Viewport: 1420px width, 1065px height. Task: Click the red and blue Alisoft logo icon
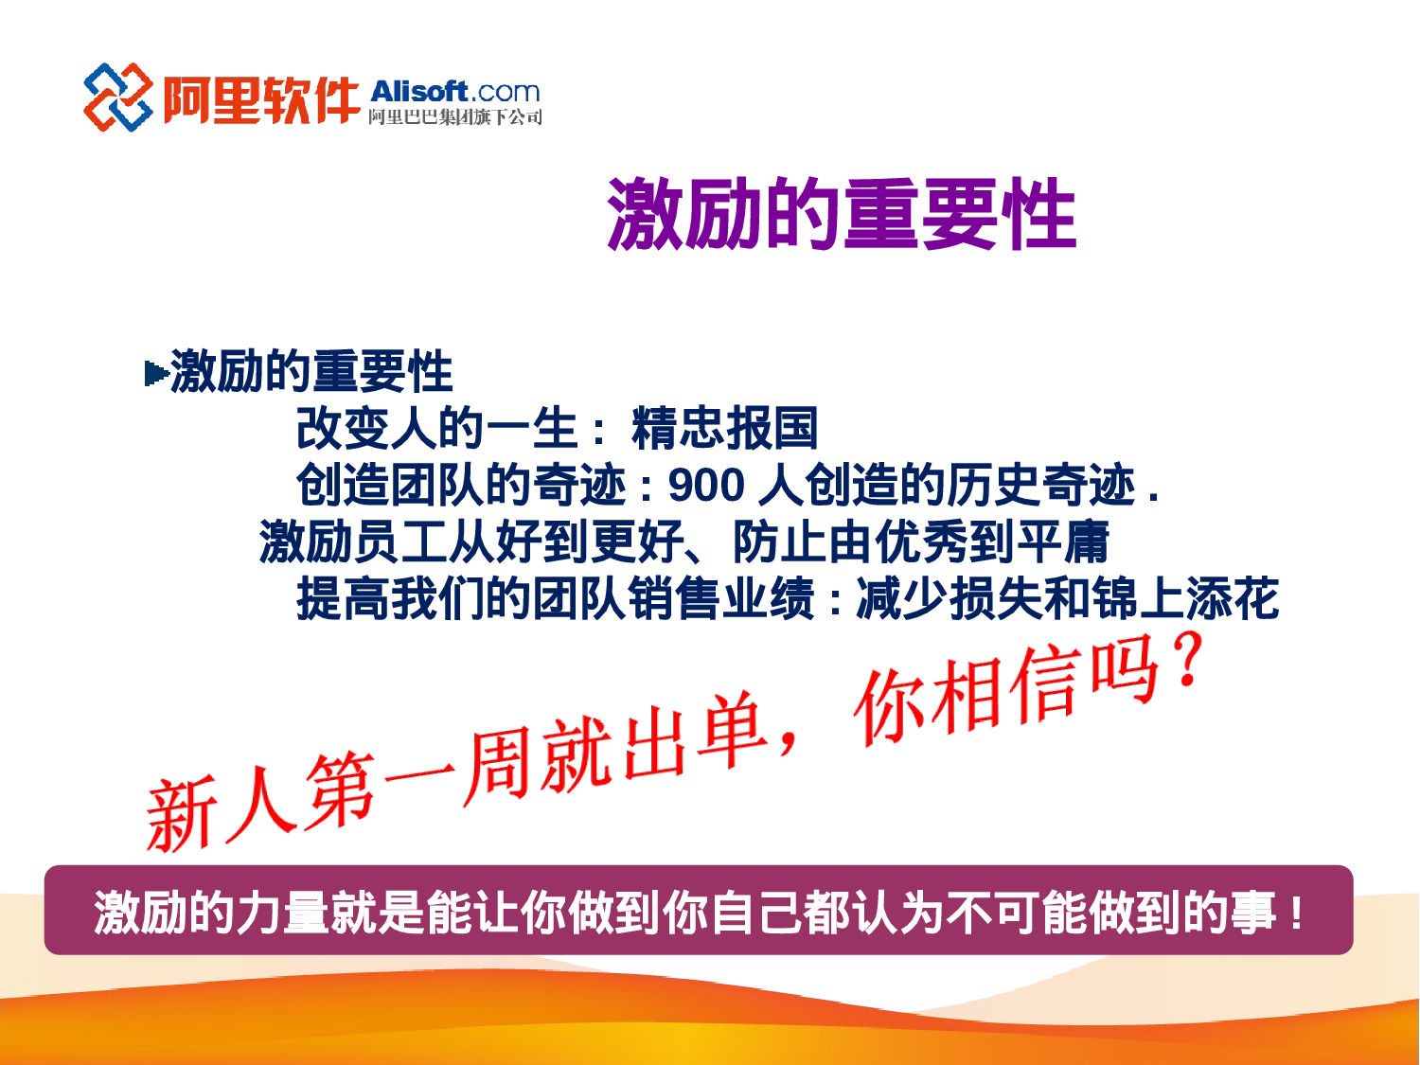click(117, 97)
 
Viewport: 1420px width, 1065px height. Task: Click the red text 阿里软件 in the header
click(261, 98)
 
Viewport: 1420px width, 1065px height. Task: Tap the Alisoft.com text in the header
click(455, 92)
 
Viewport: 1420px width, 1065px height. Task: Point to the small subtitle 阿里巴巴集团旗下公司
click(455, 117)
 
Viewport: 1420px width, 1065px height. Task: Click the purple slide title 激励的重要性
click(842, 214)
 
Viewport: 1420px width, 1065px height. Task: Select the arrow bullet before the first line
click(155, 373)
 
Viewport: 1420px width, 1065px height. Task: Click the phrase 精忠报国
click(724, 428)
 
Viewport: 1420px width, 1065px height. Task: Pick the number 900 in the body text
click(706, 486)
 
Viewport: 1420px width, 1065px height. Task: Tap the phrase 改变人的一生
click(436, 428)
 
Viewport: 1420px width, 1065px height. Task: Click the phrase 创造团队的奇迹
click(461, 486)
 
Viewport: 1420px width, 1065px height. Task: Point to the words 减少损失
click(949, 598)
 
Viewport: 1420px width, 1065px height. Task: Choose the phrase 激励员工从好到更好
click(471, 542)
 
